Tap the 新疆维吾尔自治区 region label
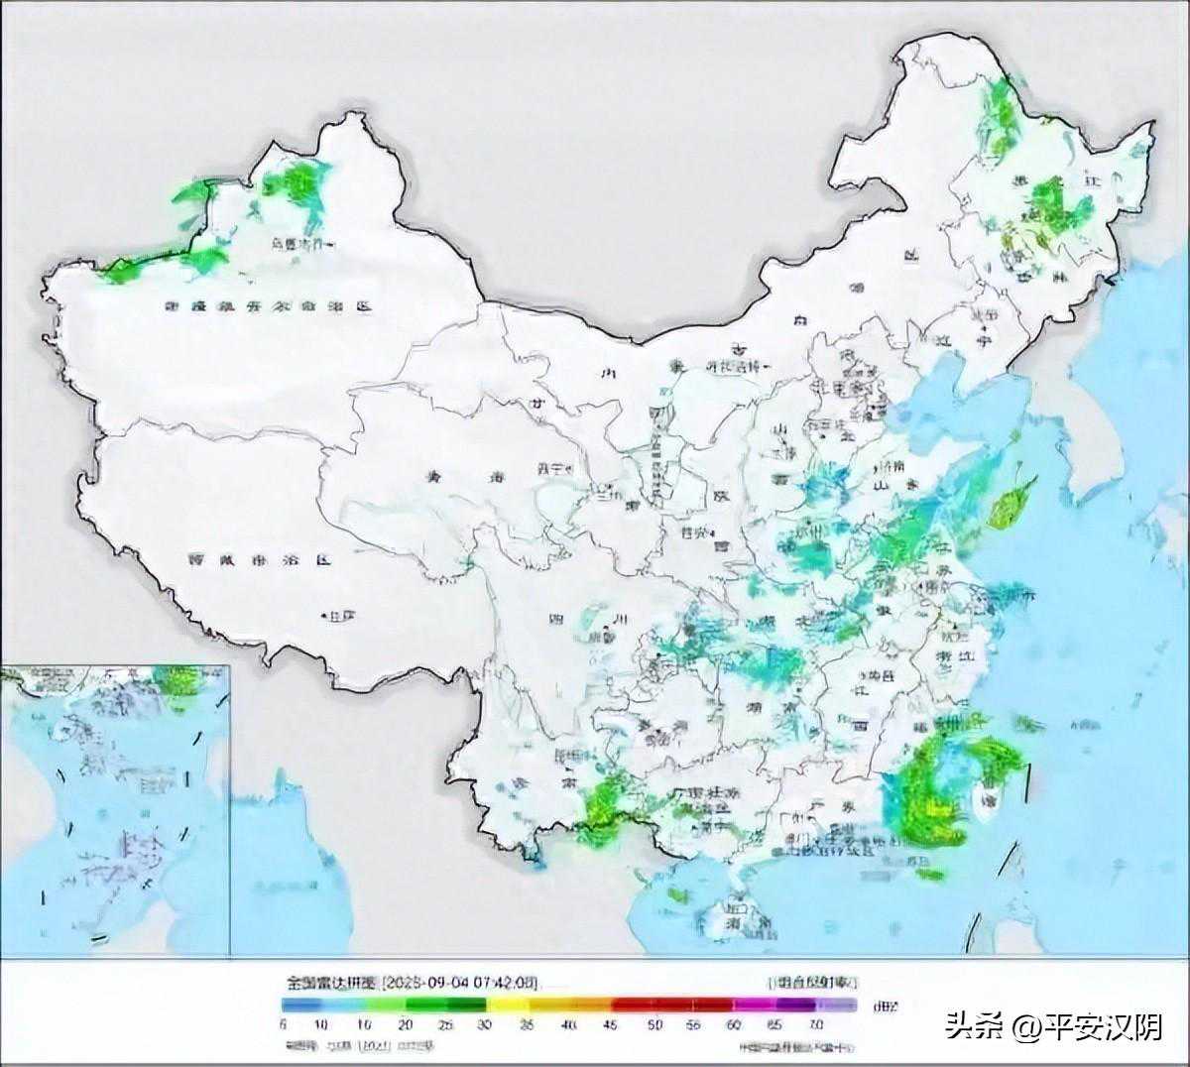(x=268, y=307)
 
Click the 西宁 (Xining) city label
(x=551, y=468)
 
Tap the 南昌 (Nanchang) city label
(x=874, y=674)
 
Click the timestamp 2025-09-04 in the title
(x=426, y=983)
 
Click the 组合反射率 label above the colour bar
(x=812, y=982)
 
